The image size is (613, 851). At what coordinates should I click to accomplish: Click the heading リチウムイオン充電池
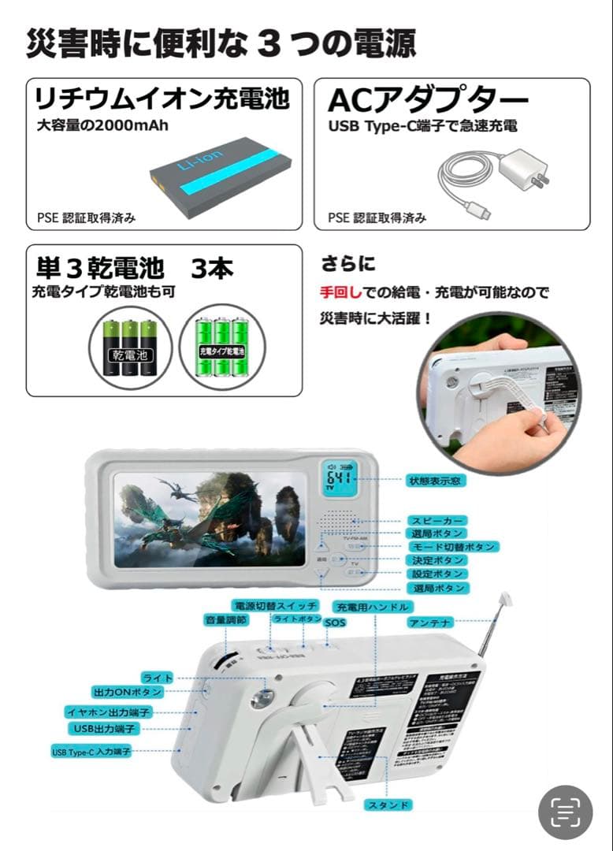tap(162, 99)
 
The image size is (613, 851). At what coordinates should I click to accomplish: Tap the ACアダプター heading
tap(428, 100)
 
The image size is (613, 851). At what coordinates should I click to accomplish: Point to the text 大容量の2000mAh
tap(102, 124)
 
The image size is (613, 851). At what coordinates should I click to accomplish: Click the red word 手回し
tap(341, 292)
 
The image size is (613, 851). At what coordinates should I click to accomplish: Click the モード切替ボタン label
tap(455, 547)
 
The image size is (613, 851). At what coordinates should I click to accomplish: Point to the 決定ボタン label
tap(437, 560)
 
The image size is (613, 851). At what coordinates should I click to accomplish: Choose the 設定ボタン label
tap(437, 574)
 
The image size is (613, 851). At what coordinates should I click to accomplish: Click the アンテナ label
tap(430, 622)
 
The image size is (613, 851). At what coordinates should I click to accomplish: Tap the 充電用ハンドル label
tap(372, 607)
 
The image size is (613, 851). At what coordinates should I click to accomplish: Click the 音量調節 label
tap(225, 620)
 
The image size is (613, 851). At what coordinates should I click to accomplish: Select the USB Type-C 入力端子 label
tap(91, 751)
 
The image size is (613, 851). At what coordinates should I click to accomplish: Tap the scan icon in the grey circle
tap(565, 812)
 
